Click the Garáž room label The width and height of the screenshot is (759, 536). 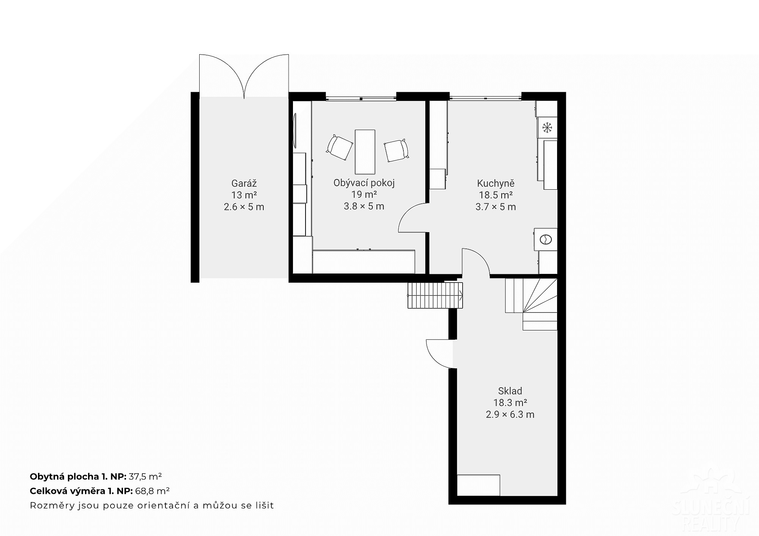[244, 184]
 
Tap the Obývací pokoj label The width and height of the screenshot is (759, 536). [364, 183]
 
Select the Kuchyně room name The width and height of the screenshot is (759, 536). [496, 184]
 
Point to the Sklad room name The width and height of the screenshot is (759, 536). [510, 391]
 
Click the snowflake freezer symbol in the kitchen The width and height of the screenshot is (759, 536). [547, 127]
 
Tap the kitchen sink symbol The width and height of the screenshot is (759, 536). [546, 239]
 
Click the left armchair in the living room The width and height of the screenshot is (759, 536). [339, 148]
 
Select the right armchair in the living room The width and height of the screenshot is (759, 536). [397, 151]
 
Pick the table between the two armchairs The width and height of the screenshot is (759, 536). [365, 151]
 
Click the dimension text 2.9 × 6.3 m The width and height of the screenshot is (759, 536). [510, 414]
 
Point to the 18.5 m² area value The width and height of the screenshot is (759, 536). [496, 195]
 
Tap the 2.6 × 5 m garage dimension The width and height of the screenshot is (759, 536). [244, 207]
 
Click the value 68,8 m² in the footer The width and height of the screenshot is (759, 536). [152, 491]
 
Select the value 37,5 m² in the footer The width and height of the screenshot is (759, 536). [145, 476]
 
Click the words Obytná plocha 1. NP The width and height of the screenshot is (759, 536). [78, 476]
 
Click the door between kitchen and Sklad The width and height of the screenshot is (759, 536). [476, 261]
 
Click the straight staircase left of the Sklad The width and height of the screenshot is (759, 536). [435, 295]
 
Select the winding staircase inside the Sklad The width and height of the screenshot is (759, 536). [531, 304]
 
